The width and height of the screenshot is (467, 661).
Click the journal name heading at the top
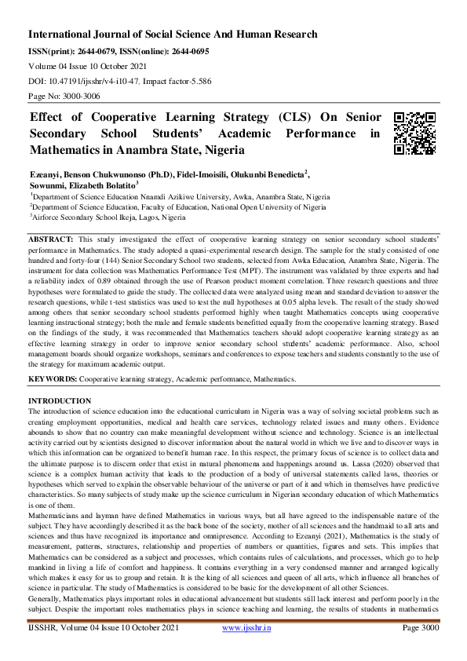click(173, 35)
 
